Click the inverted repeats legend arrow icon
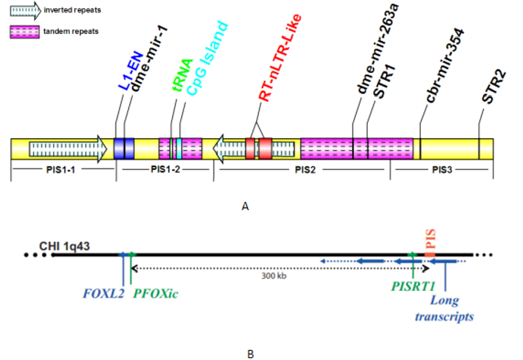[x=25, y=11]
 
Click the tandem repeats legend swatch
[x=25, y=32]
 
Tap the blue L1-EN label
[x=131, y=71]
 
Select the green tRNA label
[x=183, y=75]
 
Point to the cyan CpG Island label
[x=207, y=58]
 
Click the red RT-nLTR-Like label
[x=280, y=58]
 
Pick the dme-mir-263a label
[x=377, y=48]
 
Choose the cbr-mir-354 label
[x=445, y=66]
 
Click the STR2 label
[x=494, y=88]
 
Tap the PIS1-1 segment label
[x=60, y=170]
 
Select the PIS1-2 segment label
[x=165, y=169]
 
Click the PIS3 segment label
[x=442, y=170]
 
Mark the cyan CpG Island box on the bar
[x=179, y=149]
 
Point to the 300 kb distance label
[x=274, y=276]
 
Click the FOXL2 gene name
[x=103, y=294]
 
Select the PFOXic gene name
[x=156, y=294]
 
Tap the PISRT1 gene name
[x=413, y=286]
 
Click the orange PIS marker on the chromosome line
[x=430, y=255]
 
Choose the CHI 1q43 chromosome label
[x=64, y=246]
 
